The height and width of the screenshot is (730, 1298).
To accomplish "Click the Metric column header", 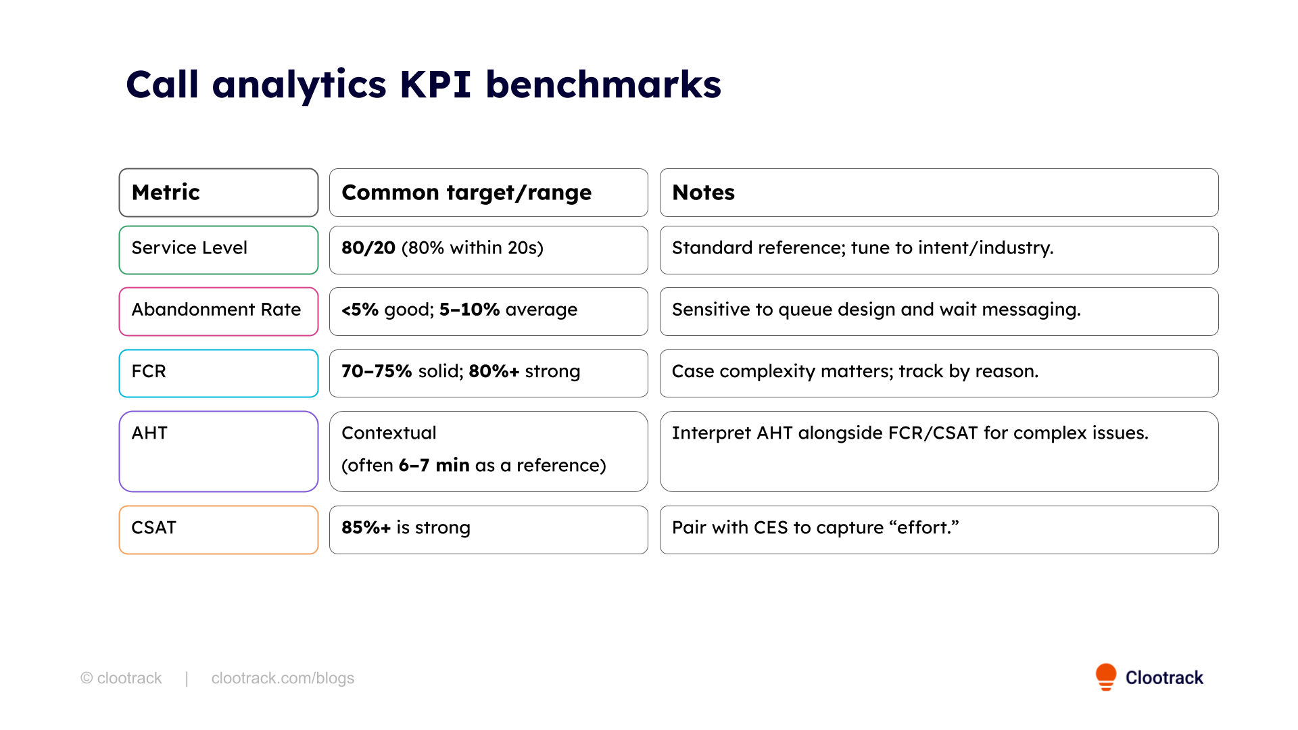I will (166, 193).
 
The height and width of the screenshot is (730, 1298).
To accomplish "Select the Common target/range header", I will (466, 193).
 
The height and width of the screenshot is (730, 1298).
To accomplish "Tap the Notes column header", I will (703, 193).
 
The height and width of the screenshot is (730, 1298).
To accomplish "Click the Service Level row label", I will (189, 248).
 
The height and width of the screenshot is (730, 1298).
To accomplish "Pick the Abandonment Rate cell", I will (216, 310).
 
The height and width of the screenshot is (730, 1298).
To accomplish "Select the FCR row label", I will (149, 372).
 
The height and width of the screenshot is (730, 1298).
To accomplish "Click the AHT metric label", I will (149, 433).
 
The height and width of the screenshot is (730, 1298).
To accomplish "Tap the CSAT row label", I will (153, 528).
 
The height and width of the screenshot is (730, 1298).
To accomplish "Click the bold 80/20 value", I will (368, 248).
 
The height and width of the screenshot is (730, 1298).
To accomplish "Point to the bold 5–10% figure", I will (469, 310).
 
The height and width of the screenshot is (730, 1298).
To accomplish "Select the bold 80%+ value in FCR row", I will (494, 372).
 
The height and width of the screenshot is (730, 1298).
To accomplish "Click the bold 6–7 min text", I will (434, 466).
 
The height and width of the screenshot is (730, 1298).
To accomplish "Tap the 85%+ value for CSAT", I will (366, 528).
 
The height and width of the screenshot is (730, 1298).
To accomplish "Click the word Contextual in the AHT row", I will (389, 433).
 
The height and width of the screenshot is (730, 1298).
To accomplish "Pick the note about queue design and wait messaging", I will (876, 310).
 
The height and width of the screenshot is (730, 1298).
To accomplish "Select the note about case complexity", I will (855, 372).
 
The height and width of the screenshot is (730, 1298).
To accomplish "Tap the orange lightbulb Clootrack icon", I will (1106, 676).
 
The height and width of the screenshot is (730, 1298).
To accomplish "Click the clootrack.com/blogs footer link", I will (283, 678).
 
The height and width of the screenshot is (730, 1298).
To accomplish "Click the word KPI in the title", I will (435, 85).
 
